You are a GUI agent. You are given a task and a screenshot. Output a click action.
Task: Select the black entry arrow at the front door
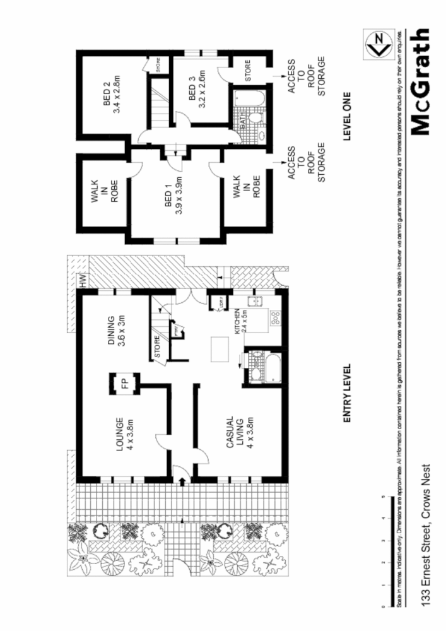(183, 481)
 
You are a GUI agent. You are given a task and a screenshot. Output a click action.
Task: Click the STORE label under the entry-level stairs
(158, 348)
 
